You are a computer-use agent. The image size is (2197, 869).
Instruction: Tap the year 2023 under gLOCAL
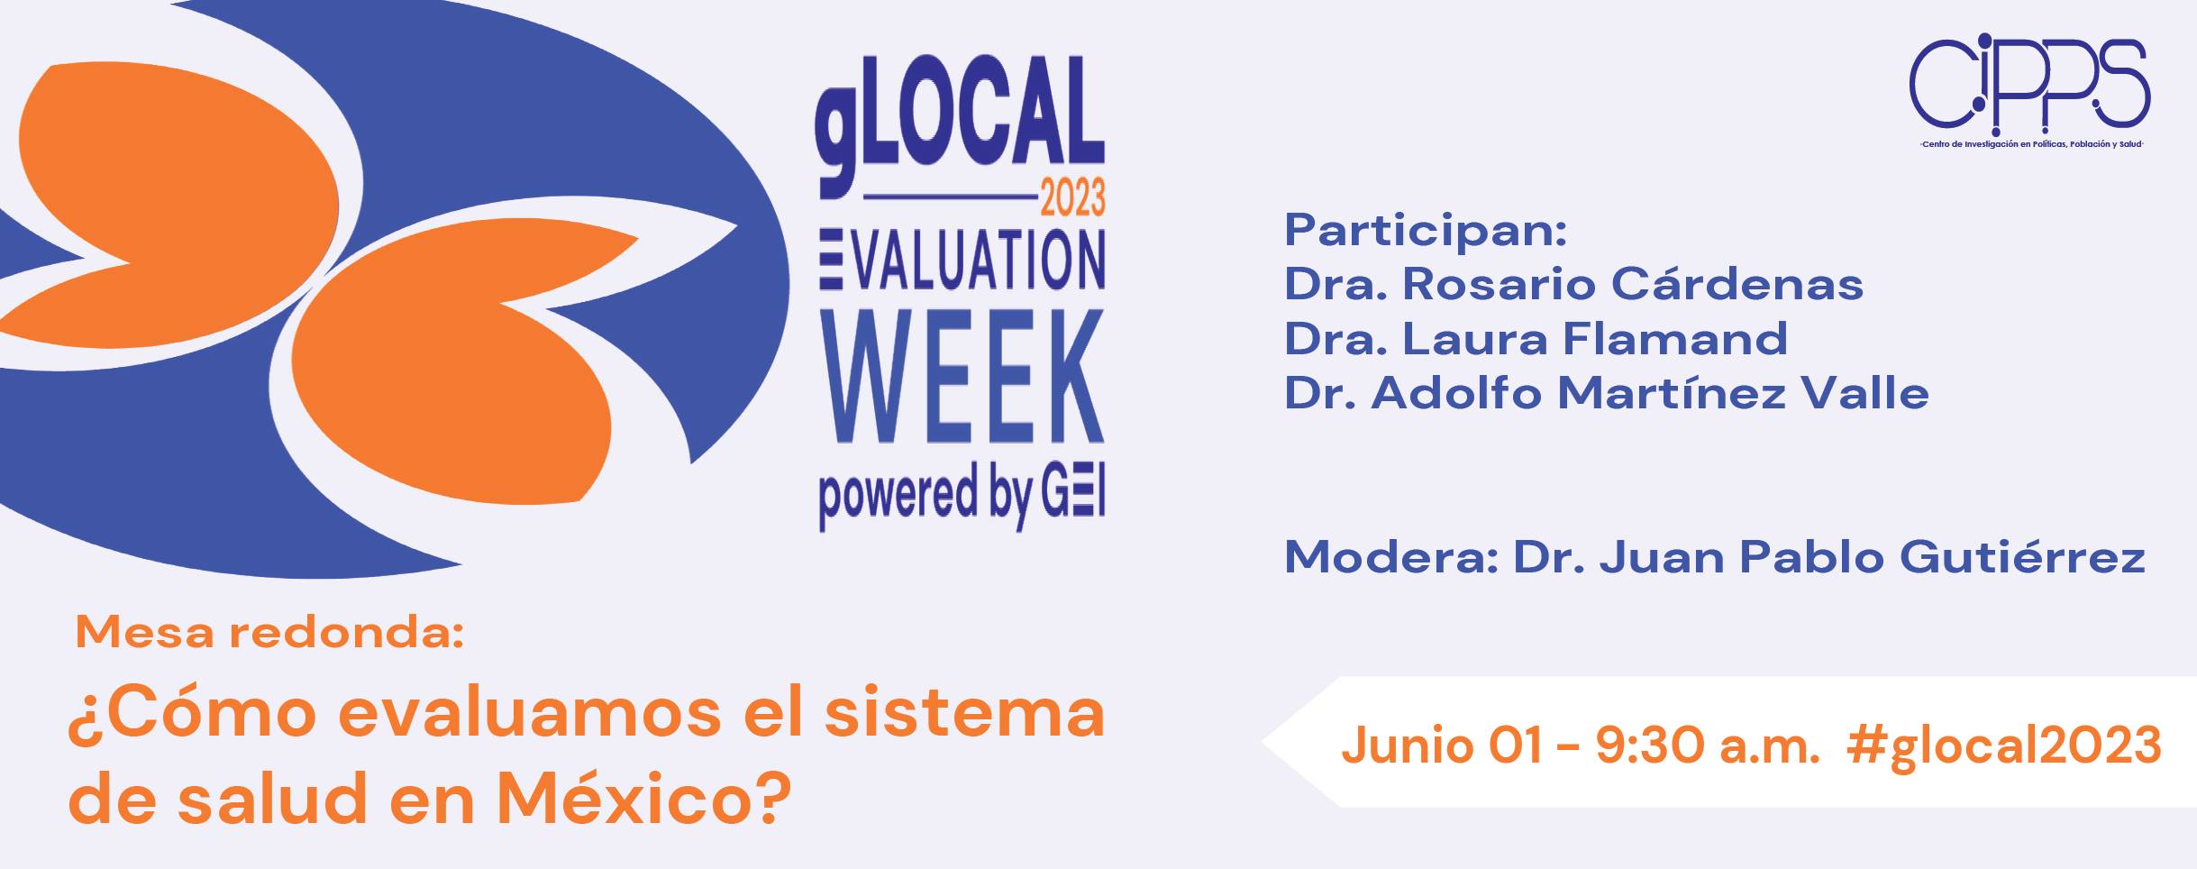point(1072,197)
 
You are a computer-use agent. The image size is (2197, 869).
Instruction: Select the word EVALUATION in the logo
point(962,260)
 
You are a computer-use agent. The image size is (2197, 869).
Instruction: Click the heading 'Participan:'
point(1426,231)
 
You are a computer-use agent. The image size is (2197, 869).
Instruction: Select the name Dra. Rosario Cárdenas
point(1573,284)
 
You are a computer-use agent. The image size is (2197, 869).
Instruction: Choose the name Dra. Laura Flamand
point(1536,339)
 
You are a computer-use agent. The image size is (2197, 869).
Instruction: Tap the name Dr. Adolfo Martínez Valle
point(1607,393)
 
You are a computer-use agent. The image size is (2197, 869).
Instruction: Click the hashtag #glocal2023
point(2003,746)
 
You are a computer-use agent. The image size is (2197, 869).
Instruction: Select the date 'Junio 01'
point(1443,746)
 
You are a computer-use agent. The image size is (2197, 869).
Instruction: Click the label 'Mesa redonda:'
point(269,633)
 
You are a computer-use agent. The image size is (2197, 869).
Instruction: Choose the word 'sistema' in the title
point(965,712)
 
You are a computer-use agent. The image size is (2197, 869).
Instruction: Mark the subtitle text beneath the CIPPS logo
point(2029,144)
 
